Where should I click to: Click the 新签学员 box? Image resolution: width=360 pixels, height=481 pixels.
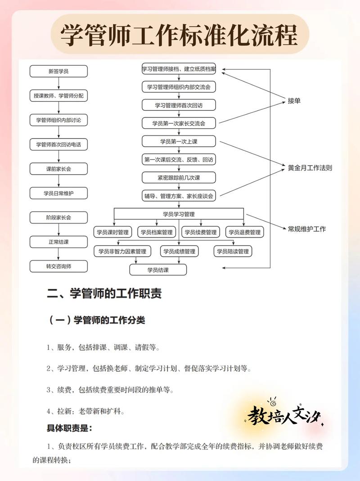click(58, 71)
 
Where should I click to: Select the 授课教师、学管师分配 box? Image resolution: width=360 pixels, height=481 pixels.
click(58, 95)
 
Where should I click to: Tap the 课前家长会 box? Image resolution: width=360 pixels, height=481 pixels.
click(58, 169)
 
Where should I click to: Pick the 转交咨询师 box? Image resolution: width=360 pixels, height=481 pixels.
click(58, 266)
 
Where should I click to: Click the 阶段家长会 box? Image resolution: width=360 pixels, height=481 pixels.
click(58, 217)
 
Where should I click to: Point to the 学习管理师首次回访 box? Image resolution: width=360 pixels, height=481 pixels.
click(179, 105)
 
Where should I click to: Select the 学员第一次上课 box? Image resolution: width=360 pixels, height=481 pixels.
click(179, 141)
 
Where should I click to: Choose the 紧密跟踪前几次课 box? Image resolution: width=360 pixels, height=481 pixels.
click(179, 178)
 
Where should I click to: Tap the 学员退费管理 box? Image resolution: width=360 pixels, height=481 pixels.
click(244, 232)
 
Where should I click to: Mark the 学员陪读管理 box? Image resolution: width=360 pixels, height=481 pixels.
click(233, 251)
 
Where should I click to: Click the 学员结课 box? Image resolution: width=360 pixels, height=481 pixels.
click(157, 270)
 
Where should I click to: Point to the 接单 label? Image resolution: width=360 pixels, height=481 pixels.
click(294, 101)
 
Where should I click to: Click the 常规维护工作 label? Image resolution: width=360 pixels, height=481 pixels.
click(307, 229)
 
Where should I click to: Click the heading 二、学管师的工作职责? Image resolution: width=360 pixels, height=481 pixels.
click(104, 294)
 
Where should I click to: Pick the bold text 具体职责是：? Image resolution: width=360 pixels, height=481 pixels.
click(69, 428)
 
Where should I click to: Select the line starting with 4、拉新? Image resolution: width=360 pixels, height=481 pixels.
click(85, 411)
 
